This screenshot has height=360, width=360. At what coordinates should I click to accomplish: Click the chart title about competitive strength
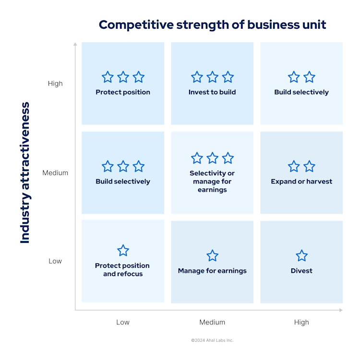212,24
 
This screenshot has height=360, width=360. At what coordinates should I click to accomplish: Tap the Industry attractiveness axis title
25,173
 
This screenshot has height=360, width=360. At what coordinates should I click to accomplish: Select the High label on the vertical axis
55,84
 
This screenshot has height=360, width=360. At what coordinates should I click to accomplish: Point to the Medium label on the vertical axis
55,173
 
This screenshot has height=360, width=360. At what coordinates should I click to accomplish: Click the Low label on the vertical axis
55,261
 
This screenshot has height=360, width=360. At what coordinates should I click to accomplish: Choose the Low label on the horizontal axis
123,322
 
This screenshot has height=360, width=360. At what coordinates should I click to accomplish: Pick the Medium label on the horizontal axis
212,322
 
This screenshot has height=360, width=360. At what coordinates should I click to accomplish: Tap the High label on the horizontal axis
301,322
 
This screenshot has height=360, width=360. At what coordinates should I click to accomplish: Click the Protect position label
123,92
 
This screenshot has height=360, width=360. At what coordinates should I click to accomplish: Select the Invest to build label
212,92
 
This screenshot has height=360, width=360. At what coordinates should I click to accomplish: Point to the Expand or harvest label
301,181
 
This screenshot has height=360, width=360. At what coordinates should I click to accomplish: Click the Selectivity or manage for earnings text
212,181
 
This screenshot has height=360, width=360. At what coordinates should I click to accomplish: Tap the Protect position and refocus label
122,269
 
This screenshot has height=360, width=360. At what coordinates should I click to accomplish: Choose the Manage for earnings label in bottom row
212,271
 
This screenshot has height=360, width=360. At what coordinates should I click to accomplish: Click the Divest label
301,271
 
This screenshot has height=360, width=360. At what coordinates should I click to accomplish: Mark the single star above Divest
301,255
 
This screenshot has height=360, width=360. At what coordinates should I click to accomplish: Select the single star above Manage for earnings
212,255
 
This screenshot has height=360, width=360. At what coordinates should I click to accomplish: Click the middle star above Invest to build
212,77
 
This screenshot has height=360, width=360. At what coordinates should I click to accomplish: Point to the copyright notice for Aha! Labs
212,340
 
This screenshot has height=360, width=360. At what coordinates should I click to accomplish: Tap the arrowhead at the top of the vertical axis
75,44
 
